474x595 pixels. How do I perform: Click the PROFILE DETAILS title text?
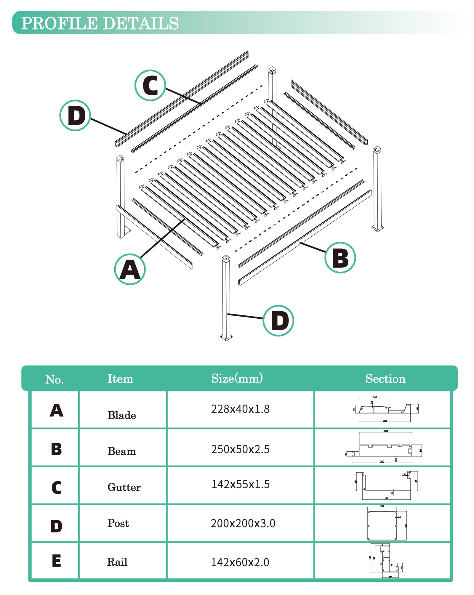coord(100,23)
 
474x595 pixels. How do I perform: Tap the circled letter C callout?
coord(150,85)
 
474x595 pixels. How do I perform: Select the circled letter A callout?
coord(130,269)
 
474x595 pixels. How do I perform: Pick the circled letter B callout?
coord(340,257)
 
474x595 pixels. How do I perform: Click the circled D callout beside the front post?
coord(278,320)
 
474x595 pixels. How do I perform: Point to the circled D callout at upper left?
coord(75,115)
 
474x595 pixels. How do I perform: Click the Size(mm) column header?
coord(237,379)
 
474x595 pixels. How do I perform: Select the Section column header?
coord(385,379)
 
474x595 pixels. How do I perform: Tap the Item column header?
coord(120,379)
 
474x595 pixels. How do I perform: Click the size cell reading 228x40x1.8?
coord(240,409)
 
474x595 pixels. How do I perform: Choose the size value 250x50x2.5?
coord(240,449)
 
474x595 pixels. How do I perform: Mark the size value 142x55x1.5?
coord(240,484)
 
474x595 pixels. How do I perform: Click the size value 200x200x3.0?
coord(243,523)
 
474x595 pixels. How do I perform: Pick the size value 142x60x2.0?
coord(240,562)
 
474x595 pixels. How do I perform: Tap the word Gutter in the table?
coord(124,487)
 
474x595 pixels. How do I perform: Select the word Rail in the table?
coord(117,562)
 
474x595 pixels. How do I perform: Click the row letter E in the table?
coord(56,561)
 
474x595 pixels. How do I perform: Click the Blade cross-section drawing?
coord(385,409)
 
